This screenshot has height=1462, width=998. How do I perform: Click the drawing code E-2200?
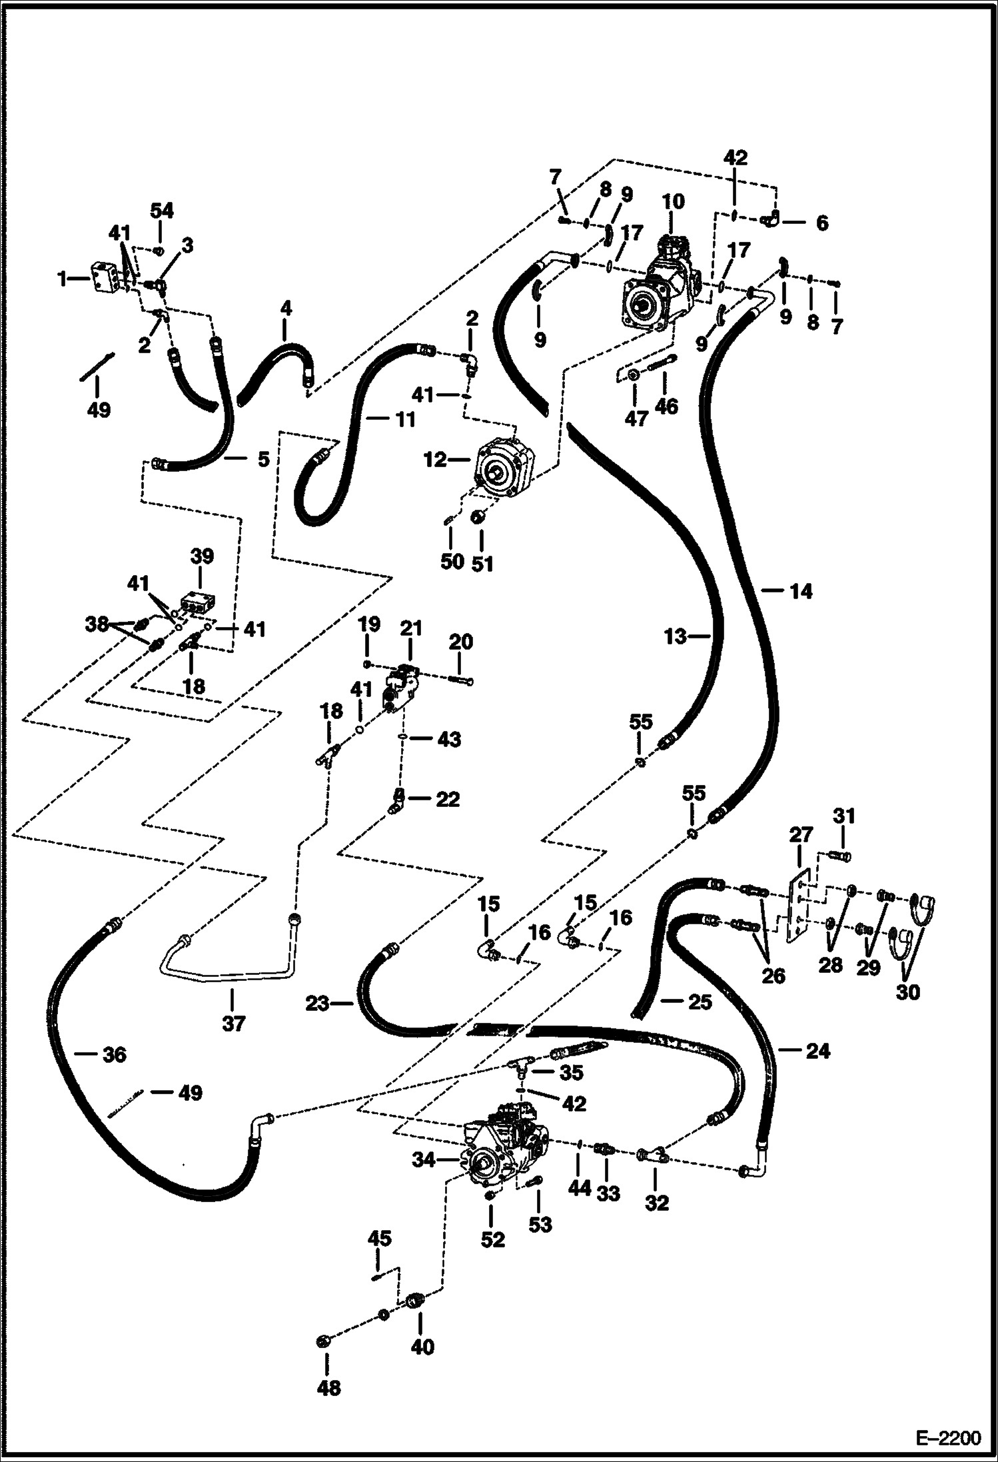(947, 1437)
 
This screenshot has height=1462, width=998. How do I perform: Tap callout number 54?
(161, 211)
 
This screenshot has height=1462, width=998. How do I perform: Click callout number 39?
(202, 556)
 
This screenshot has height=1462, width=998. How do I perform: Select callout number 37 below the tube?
(233, 1023)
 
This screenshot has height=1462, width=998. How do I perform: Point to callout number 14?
(801, 590)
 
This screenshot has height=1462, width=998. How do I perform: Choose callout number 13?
(675, 636)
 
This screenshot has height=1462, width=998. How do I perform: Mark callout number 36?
(114, 1054)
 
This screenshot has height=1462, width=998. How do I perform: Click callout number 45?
(380, 1238)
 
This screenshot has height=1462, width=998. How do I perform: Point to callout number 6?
(821, 223)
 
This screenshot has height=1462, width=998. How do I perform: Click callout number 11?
(404, 419)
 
